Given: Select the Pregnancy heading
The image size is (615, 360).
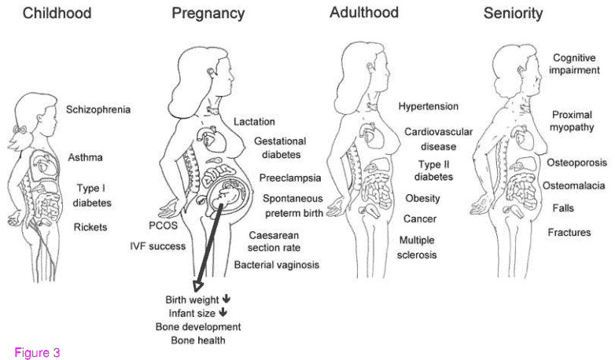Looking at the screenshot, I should click(208, 13).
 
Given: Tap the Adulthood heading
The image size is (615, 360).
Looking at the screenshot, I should click(364, 13).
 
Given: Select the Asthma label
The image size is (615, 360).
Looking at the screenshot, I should click(86, 157).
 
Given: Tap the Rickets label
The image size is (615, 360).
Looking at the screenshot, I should click(90, 228).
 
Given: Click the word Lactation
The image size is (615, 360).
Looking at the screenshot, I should click(254, 122).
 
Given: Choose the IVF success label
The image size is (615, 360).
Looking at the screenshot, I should click(158, 246).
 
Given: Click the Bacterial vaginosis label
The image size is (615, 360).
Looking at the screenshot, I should click(277, 265).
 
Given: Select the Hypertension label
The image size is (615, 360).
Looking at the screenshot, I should click(429, 106).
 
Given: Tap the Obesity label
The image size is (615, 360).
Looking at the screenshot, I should click(422, 198).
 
